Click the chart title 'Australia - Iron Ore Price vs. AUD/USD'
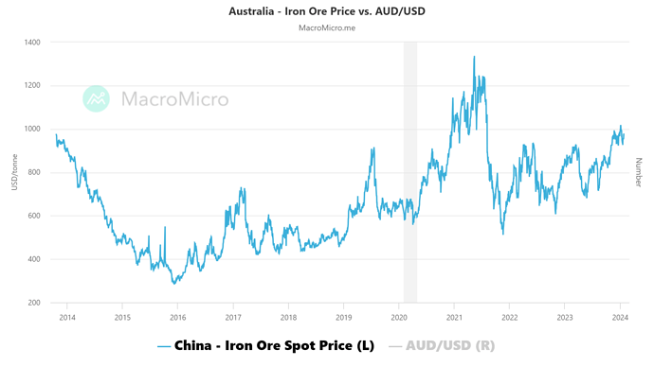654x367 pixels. point(326,11)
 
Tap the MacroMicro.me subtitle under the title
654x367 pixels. point(326,27)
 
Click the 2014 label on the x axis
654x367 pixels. point(66,318)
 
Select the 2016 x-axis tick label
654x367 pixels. point(177,318)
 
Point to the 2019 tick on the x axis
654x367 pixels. point(344,318)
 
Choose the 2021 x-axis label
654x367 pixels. point(455,318)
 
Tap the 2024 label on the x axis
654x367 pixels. point(621,318)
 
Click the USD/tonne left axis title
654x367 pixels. point(14,172)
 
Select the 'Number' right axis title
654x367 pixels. point(639,172)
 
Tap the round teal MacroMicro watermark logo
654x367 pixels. point(97,98)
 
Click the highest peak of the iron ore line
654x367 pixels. point(474,57)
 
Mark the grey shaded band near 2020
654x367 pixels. point(409,170)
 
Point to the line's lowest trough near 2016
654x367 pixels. point(174,283)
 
